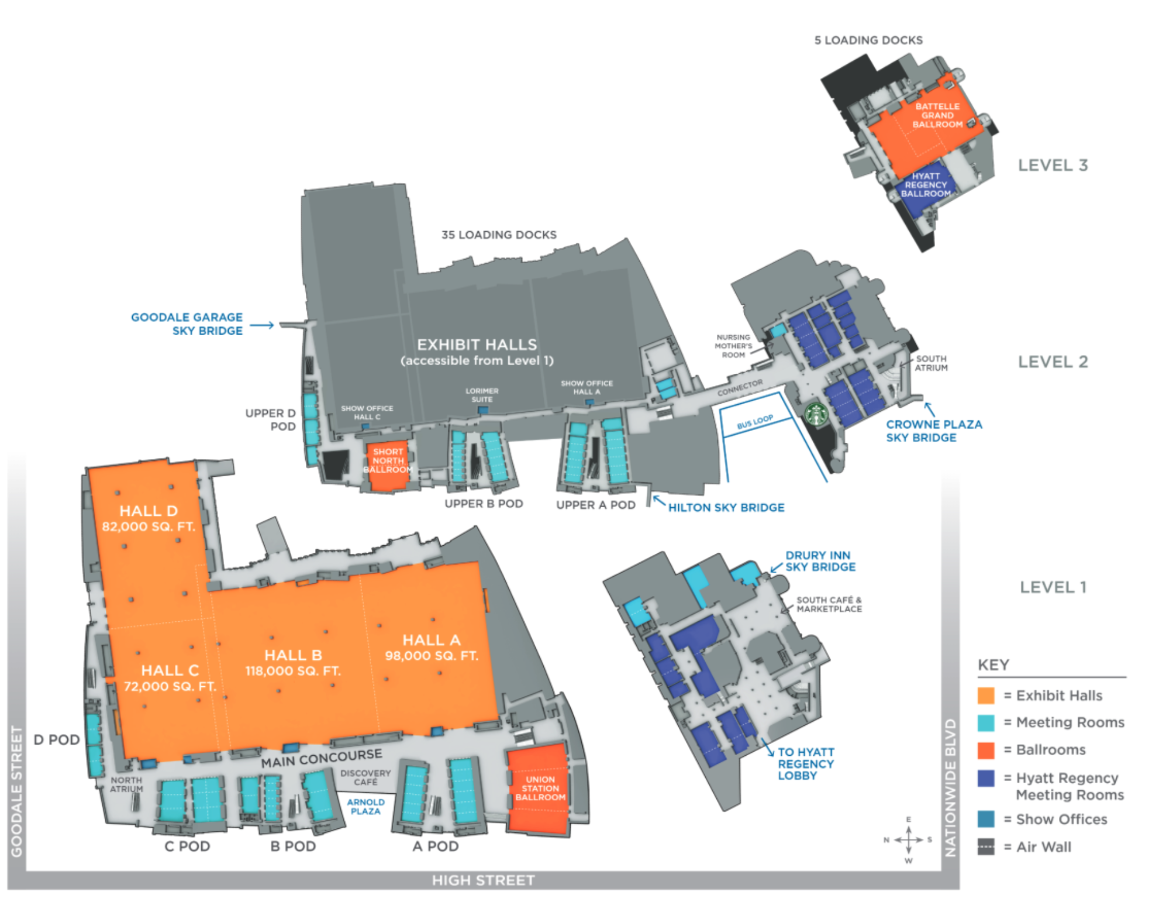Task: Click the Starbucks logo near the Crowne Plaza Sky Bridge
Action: [x=816, y=414]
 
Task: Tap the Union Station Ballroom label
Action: [x=540, y=788]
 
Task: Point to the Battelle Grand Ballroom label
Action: [x=937, y=115]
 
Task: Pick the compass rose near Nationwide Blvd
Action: [x=908, y=839]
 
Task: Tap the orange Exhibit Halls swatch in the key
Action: [x=985, y=695]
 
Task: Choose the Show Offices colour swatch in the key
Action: [x=985, y=818]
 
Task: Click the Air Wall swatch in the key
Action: [x=985, y=846]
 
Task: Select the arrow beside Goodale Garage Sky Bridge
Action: [x=261, y=325]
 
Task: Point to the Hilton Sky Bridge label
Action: [x=726, y=507]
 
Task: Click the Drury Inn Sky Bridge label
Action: [x=820, y=560]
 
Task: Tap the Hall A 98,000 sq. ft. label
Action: [x=431, y=648]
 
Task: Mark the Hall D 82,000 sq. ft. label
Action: [x=149, y=518]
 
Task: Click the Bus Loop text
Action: [x=754, y=422]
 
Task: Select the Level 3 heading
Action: [x=1053, y=165]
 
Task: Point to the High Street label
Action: [x=483, y=880]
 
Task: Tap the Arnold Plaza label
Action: [x=365, y=807]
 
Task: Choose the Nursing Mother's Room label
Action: [x=733, y=346]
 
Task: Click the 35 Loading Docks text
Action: [x=499, y=235]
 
